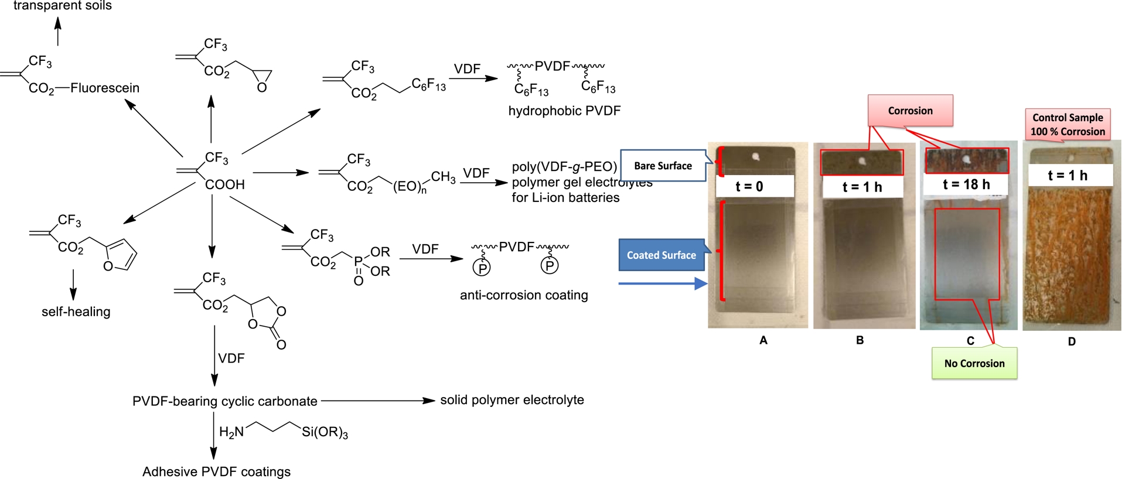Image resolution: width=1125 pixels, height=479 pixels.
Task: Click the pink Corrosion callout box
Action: (910, 111)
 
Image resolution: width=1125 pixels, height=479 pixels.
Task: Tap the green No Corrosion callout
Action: (974, 363)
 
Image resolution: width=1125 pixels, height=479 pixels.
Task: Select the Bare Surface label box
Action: (663, 166)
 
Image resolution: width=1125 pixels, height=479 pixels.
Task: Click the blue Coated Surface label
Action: (662, 255)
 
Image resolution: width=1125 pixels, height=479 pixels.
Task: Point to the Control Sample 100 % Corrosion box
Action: (1068, 124)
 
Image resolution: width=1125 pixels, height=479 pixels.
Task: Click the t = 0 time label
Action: (749, 186)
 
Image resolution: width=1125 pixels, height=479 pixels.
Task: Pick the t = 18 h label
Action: (966, 184)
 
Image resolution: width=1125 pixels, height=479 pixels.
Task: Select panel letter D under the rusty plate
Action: (1071, 341)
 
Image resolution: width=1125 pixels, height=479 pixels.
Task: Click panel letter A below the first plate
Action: (763, 340)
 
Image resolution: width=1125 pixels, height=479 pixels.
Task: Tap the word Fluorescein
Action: (105, 88)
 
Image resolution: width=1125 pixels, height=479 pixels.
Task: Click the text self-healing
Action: (76, 312)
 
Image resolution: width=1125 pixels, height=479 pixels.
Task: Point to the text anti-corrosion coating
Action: (524, 295)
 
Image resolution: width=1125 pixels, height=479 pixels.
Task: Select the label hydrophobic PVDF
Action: (564, 111)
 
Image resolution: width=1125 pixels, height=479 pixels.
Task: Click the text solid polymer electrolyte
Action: (512, 400)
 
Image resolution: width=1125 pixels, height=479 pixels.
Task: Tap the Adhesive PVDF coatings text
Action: (216, 471)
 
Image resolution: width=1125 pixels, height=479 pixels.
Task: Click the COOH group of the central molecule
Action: (224, 184)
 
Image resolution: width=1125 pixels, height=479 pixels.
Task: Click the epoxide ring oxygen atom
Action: (262, 88)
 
